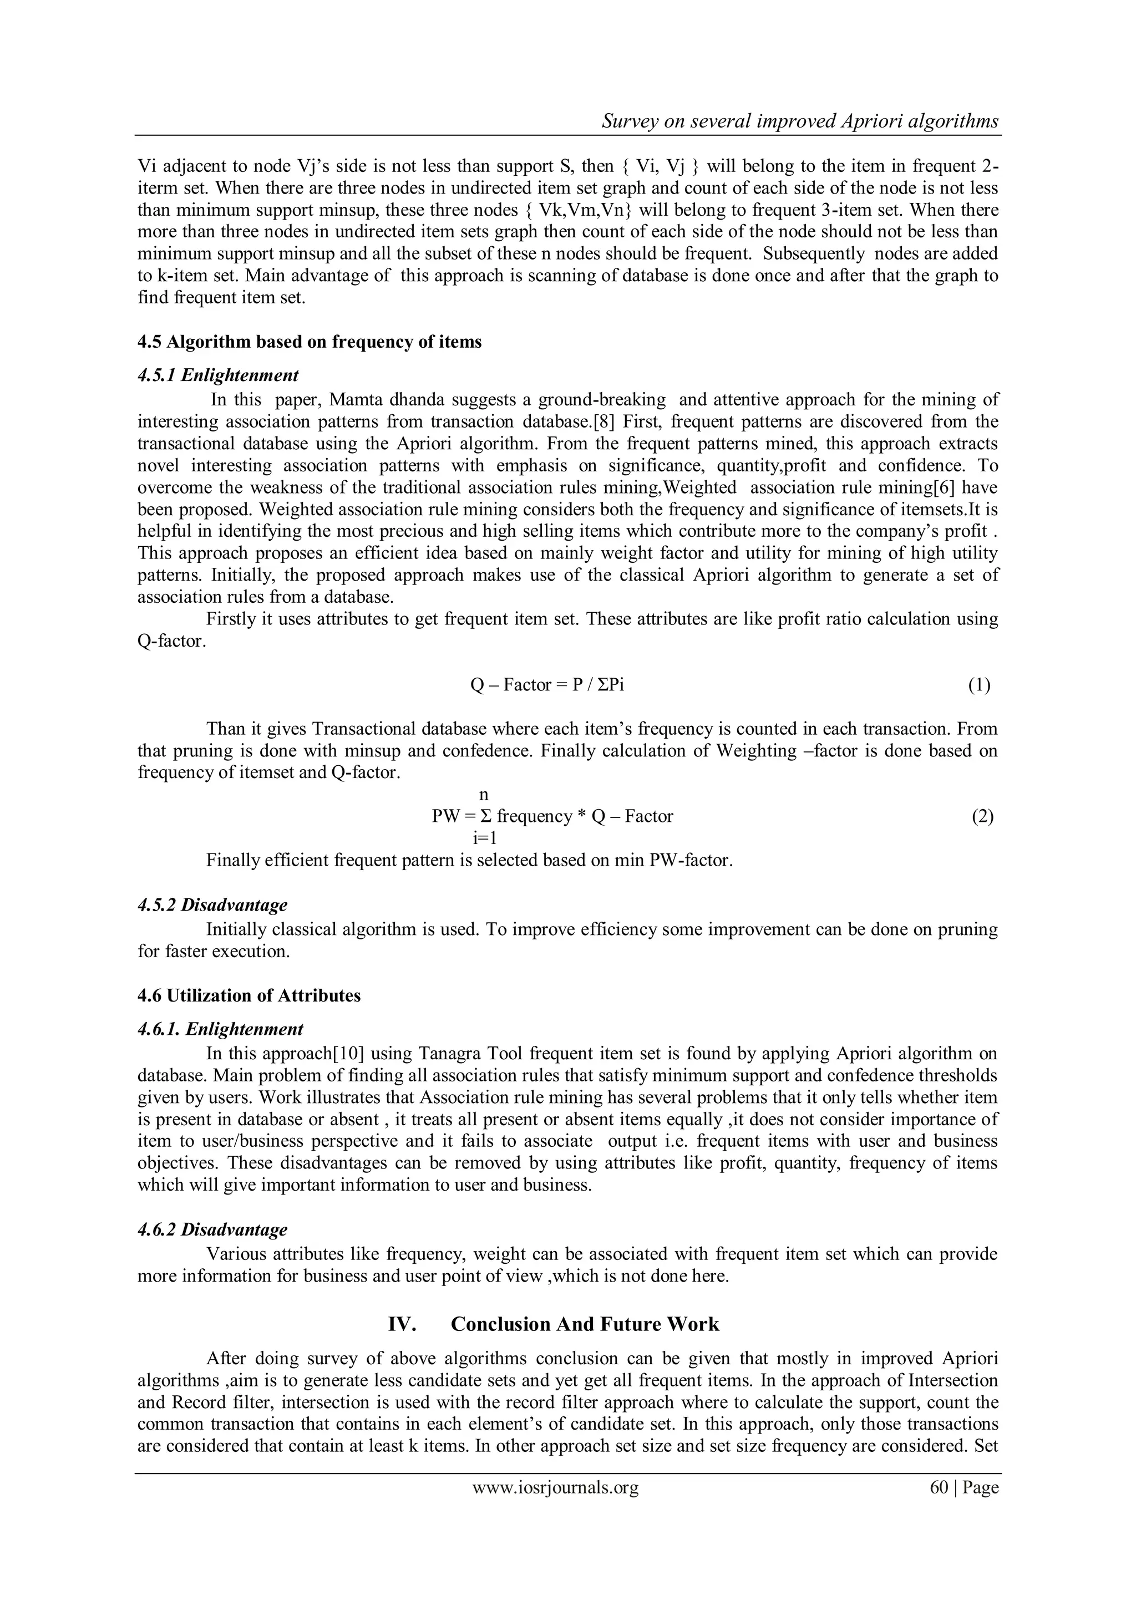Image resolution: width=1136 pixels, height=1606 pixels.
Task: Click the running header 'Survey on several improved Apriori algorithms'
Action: point(800,121)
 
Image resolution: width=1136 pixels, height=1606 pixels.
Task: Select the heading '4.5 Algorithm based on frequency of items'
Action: point(309,342)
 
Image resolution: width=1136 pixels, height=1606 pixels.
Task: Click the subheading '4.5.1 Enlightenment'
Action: point(217,375)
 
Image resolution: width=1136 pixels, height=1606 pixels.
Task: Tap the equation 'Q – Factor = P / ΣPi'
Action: point(547,685)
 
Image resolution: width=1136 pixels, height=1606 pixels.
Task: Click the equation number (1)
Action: point(978,685)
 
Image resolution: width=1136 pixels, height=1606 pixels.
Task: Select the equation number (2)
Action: point(982,816)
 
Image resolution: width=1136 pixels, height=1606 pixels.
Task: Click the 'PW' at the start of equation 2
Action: point(444,816)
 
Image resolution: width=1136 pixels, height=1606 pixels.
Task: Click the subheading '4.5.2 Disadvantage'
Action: point(212,905)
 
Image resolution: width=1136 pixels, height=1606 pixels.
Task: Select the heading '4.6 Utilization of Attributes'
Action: point(249,995)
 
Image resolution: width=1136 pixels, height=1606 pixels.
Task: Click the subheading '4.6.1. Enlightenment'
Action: point(220,1029)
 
